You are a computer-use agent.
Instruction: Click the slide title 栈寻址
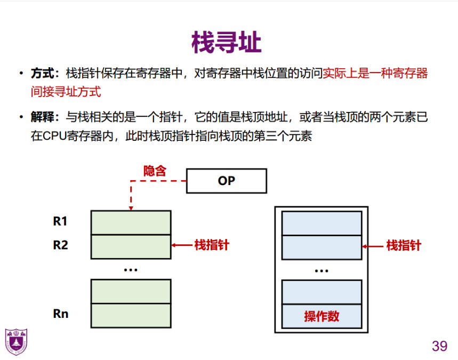[227, 43]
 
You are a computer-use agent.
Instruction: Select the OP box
[226, 181]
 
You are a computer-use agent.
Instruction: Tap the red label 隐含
[155, 171]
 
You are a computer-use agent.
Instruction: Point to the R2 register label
[60, 245]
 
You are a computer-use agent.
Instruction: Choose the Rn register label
[61, 314]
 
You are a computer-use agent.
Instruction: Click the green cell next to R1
[131, 222]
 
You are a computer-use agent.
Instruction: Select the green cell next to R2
[131, 246]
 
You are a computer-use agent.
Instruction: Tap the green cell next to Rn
[131, 315]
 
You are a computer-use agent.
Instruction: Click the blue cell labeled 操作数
[322, 316]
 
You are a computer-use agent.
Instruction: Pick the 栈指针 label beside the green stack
[212, 245]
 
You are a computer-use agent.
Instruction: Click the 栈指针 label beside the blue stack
[404, 245]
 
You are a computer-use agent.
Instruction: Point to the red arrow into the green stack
[182, 245]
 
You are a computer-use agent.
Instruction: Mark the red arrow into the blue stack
[373, 246]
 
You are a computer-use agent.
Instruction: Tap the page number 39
[439, 346]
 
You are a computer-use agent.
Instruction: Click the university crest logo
[16, 342]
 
